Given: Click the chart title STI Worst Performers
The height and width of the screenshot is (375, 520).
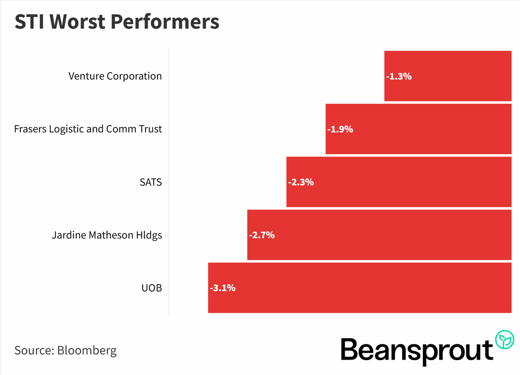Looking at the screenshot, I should (117, 22).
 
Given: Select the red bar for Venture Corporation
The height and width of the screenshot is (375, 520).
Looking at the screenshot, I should (448, 76).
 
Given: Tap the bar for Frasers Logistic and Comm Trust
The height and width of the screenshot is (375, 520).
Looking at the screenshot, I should (418, 129).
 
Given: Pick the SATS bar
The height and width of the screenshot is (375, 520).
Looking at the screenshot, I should (399, 182).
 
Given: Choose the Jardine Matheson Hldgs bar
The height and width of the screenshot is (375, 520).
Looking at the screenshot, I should (379, 235).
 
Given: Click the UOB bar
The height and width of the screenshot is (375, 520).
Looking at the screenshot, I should (360, 287).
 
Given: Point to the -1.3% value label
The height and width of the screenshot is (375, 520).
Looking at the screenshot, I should (399, 76).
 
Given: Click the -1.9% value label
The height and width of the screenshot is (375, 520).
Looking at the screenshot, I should (340, 129).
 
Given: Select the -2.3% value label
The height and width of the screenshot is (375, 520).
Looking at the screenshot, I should (301, 182).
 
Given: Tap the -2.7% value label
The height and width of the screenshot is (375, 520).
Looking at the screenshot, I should (262, 235).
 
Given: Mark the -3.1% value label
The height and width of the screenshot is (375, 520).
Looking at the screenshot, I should (223, 288).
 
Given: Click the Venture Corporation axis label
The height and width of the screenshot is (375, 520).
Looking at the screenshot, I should (115, 76).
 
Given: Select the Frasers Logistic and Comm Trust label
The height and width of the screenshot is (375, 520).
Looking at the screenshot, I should (88, 129).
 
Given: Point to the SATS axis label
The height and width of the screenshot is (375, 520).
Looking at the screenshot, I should (150, 182).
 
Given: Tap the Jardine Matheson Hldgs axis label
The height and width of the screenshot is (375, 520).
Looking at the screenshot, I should (107, 235).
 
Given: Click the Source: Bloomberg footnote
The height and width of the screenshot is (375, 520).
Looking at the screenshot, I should (65, 350).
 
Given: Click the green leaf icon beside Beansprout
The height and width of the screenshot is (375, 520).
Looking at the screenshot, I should (505, 339).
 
